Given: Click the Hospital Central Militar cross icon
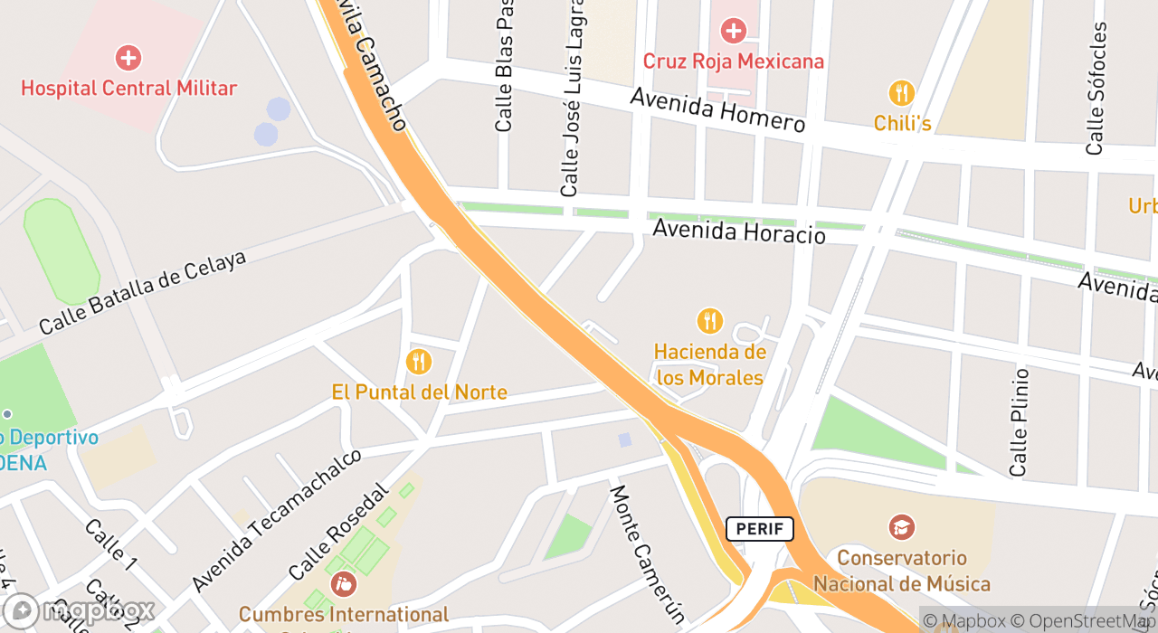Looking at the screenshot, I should tap(128, 59).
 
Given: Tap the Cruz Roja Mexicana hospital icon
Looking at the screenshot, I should tap(733, 32).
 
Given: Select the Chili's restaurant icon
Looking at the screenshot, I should tap(901, 93).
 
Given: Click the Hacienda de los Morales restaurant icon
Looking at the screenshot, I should tap(710, 321).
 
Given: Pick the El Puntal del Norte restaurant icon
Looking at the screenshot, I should tap(418, 362).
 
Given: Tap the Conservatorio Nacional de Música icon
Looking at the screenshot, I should tap(901, 527).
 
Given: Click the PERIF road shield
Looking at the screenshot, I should tap(759, 529).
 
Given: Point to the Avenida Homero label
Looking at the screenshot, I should tap(717, 110).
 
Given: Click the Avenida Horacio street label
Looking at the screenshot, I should tap(738, 231).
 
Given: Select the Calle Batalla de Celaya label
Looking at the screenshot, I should tap(142, 291).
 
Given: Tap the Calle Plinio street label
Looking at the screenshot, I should tap(1020, 421).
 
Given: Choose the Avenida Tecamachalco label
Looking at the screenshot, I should tap(277, 519).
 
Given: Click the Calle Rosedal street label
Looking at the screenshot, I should tap(337, 532).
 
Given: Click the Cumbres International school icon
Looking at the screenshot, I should tap(344, 584).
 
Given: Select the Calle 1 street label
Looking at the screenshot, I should tap(110, 544).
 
